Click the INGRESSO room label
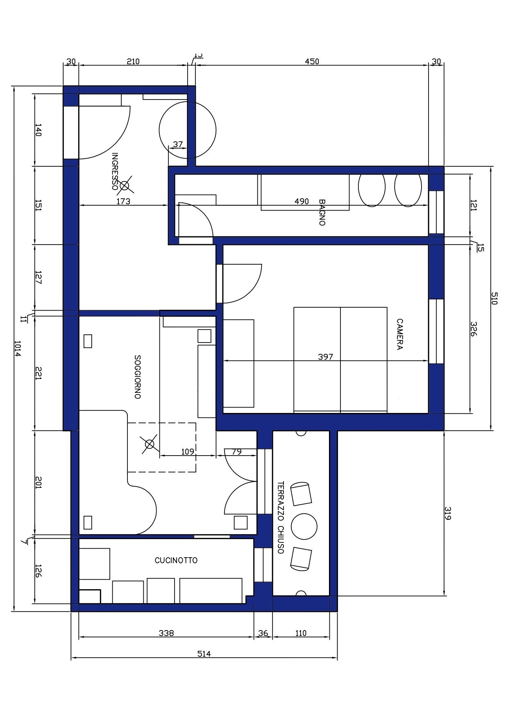coord(115,171)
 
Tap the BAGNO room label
coord(322,212)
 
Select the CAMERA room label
coord(399,334)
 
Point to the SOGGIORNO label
coord(138,377)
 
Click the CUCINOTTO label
coord(176,560)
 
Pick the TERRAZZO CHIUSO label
coord(281,517)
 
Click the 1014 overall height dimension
coord(17,348)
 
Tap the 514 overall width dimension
coord(204,653)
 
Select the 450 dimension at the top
coord(312,61)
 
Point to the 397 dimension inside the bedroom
coord(326,357)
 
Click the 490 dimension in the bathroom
coord(302,201)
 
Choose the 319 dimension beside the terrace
coord(448,513)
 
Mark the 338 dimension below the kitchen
coord(166,633)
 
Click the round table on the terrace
coord(304,526)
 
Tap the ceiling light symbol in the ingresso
coord(125,186)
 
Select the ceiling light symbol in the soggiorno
coord(150,444)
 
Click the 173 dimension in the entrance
coord(123,201)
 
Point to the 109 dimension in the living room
coord(188,451)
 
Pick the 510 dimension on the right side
coord(494,298)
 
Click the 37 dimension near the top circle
coord(178,144)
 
